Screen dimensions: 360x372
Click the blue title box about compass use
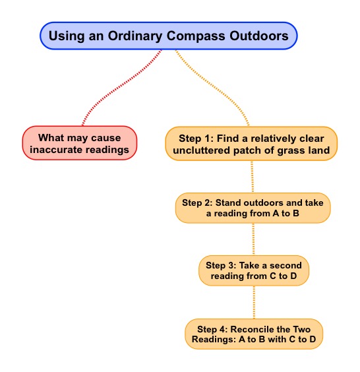click(x=168, y=36)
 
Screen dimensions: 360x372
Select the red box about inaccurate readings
click(x=80, y=143)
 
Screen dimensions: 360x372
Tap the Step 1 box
click(x=251, y=144)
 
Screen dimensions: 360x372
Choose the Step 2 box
click(x=253, y=208)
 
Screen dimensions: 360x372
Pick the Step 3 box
click(x=254, y=270)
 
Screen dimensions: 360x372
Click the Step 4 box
click(x=254, y=334)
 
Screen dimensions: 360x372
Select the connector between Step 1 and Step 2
click(x=253, y=177)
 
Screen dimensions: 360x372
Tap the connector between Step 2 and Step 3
click(x=253, y=239)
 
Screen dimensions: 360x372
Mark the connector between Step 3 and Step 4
click(x=254, y=302)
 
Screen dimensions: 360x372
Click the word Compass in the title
click(x=196, y=36)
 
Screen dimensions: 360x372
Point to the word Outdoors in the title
click(x=259, y=36)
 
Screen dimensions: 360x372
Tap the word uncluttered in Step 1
click(x=202, y=150)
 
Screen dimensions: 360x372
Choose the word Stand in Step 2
click(x=228, y=202)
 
